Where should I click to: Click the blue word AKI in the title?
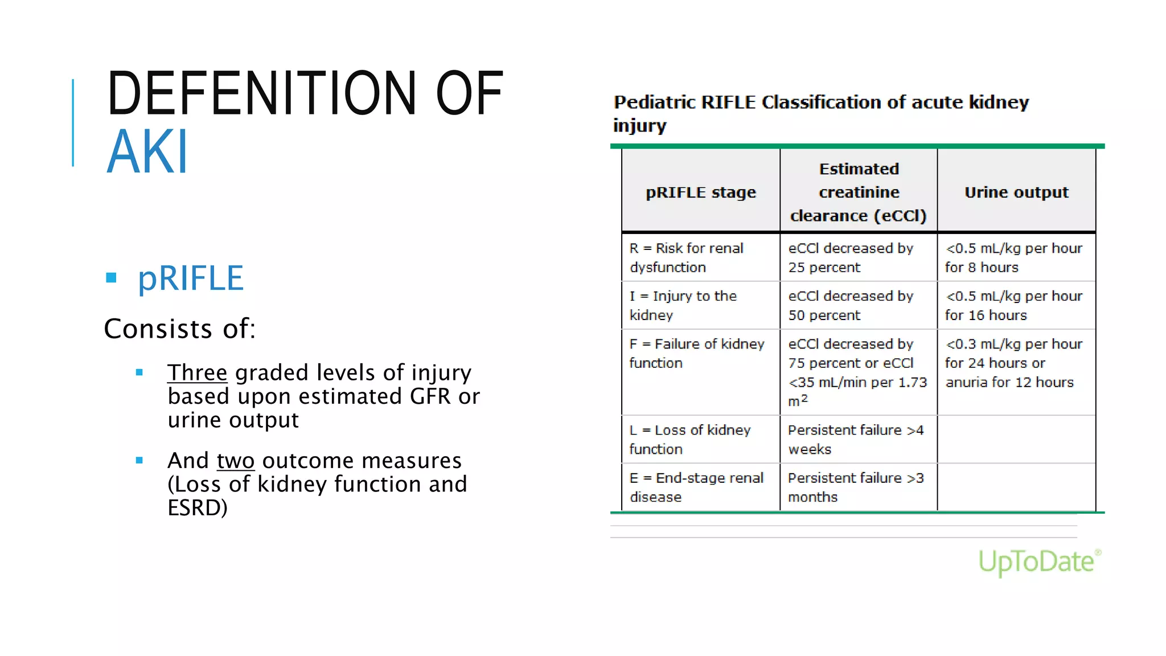tap(147, 152)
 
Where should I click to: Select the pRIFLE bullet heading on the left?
tap(191, 278)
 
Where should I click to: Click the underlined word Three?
tap(197, 373)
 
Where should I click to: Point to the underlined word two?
tap(235, 461)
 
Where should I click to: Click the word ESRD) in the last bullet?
tap(197, 508)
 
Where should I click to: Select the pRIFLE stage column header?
tap(701, 192)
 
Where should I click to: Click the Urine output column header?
tap(1016, 192)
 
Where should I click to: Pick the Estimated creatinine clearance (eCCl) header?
tap(859, 192)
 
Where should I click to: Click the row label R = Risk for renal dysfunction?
tap(686, 258)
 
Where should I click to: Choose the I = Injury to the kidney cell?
tap(683, 306)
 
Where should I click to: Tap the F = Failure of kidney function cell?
tap(696, 354)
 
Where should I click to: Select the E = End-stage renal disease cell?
tap(696, 487)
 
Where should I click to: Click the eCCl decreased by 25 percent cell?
tap(851, 258)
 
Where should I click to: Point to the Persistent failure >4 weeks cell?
tap(855, 440)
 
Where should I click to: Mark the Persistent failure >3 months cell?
tap(855, 487)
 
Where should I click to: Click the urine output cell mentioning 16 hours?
tap(1013, 306)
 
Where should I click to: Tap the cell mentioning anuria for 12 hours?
tap(1013, 363)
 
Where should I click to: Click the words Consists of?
tap(180, 329)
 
